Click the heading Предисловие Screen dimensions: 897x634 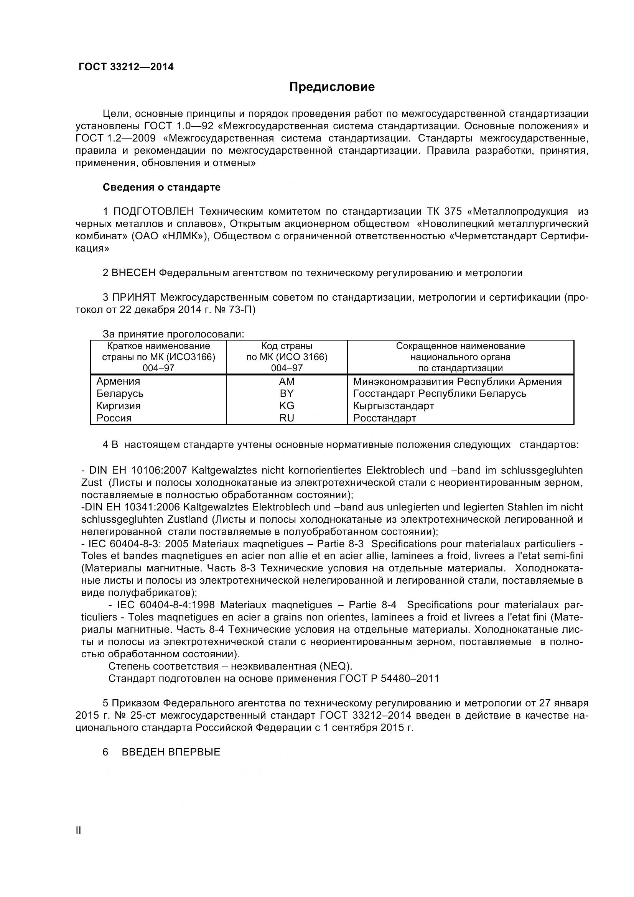[332, 87]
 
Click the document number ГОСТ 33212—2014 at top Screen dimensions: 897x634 [126, 67]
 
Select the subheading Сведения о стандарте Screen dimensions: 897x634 [161, 187]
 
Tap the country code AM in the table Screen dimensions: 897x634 [287, 381]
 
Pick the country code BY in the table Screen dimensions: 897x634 [287, 393]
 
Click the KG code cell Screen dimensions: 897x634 [287, 405]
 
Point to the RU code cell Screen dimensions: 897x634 [287, 418]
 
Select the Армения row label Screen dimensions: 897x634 [118, 381]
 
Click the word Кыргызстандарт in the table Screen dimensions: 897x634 [394, 405]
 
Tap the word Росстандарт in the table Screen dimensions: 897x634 [384, 418]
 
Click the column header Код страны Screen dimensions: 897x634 [287, 346]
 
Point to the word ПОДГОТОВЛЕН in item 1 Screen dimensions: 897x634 [153, 211]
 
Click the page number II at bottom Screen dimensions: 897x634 [79, 841]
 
